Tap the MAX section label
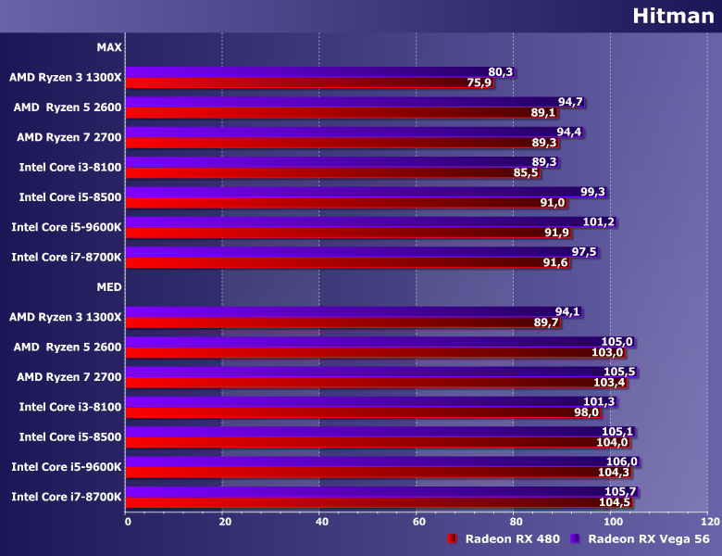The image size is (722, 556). [x=108, y=46]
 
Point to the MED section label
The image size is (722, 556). [x=108, y=286]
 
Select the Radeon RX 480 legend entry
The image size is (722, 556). [x=499, y=538]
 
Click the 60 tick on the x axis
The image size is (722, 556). [x=418, y=522]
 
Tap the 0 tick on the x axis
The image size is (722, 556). [x=128, y=522]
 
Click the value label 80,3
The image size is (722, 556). [x=500, y=71]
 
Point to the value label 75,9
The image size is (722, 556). [x=479, y=82]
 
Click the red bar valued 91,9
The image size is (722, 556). [x=333, y=233]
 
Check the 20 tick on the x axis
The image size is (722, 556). [x=224, y=522]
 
